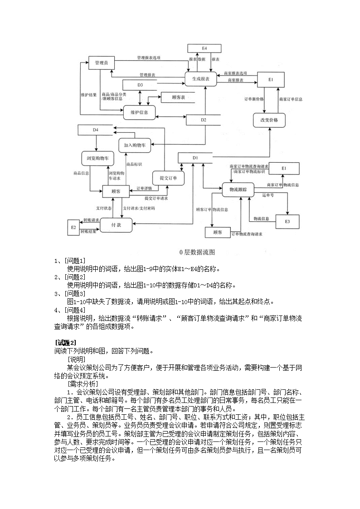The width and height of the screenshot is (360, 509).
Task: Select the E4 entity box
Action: (x=204, y=48)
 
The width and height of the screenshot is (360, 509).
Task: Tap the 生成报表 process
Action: (x=200, y=78)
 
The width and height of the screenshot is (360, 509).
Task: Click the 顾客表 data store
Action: (x=174, y=97)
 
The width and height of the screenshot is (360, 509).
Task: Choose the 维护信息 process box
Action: (x=139, y=111)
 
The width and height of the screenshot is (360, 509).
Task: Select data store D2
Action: (x=204, y=120)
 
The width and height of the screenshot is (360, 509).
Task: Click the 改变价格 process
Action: (x=269, y=120)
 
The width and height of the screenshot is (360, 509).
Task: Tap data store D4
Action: (x=96, y=130)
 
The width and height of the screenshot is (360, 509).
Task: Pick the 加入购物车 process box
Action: (x=134, y=145)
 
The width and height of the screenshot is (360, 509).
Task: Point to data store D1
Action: (x=195, y=157)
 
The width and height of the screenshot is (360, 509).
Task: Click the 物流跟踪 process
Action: (x=238, y=189)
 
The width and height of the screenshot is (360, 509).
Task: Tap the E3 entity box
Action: (x=287, y=221)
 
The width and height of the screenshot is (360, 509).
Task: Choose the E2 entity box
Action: (x=73, y=227)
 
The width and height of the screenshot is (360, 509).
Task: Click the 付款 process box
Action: (x=116, y=224)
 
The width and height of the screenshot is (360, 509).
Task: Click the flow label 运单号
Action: (x=268, y=195)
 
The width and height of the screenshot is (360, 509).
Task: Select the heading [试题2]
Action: (x=66, y=342)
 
